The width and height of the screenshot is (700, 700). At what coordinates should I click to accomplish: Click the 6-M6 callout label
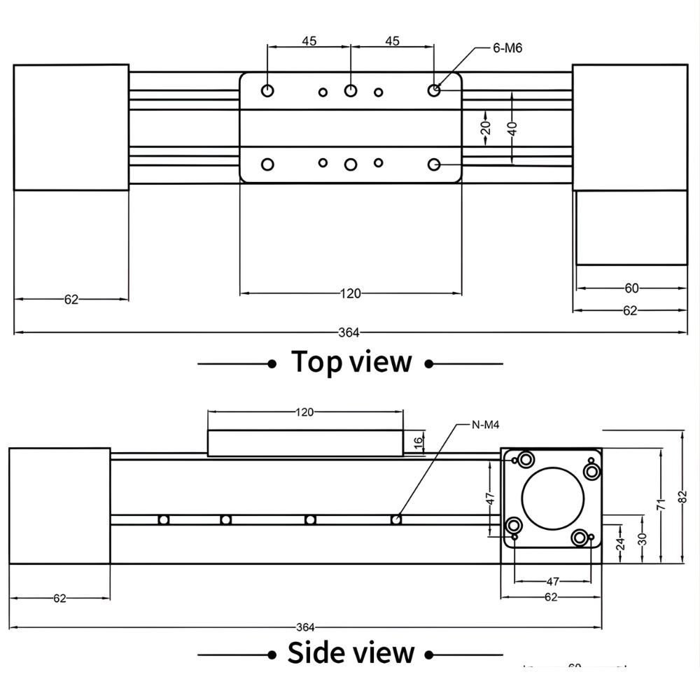507,48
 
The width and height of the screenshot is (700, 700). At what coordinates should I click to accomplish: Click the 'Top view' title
351,362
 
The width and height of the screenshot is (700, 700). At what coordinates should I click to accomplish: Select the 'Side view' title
351,652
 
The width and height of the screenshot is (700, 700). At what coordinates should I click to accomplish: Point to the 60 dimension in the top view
631,288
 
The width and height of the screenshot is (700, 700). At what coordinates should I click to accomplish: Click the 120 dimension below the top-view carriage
351,294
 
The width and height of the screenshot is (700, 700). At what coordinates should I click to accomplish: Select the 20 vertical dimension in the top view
485,127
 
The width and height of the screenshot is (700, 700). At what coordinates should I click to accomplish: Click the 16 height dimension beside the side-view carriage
418,442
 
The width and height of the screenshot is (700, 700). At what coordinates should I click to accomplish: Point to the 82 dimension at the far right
682,497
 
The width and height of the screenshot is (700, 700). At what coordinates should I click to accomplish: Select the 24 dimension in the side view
619,544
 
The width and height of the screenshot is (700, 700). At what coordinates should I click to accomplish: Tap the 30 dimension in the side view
643,538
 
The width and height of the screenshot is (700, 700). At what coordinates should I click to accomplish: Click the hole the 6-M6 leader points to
434,90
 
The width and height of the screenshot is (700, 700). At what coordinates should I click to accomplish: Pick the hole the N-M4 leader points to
396,519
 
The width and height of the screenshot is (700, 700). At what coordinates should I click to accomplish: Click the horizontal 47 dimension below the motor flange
552,581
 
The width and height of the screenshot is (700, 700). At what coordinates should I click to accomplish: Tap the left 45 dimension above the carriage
309,41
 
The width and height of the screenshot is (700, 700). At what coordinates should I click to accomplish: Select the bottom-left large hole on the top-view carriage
267,164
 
